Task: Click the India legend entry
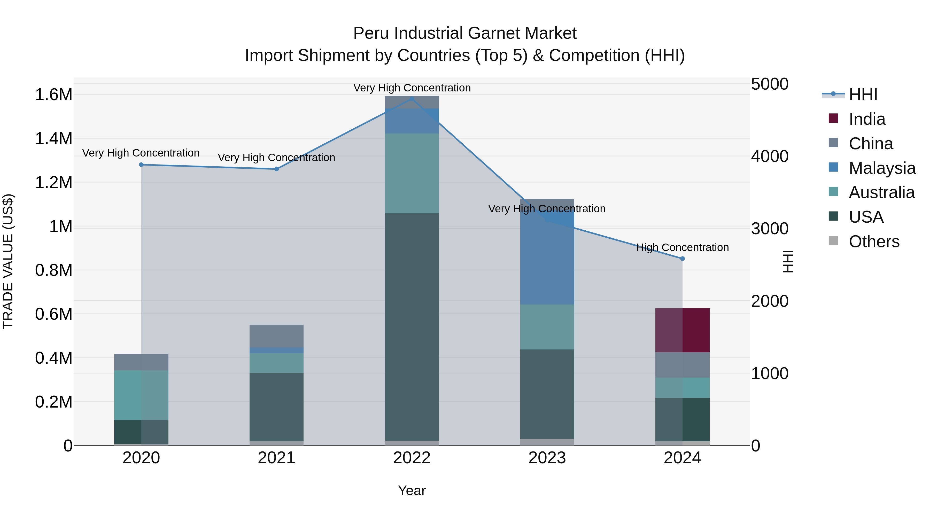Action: [x=866, y=119]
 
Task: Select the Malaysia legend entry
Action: [x=882, y=168]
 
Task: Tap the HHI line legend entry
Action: [x=863, y=95]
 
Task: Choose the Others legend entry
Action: [x=874, y=241]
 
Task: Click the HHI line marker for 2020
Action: [x=141, y=165]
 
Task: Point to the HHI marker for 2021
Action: [x=276, y=169]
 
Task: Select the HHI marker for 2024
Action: [x=682, y=259]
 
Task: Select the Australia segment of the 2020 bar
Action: [x=141, y=395]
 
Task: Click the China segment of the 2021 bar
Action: [x=276, y=336]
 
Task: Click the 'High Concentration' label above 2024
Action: [x=682, y=248]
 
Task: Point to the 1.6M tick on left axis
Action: [x=53, y=95]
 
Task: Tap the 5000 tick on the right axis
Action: [x=770, y=84]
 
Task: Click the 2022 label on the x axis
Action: [x=412, y=458]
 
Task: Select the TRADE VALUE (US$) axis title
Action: [x=8, y=261]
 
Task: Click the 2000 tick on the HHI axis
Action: [x=770, y=301]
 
